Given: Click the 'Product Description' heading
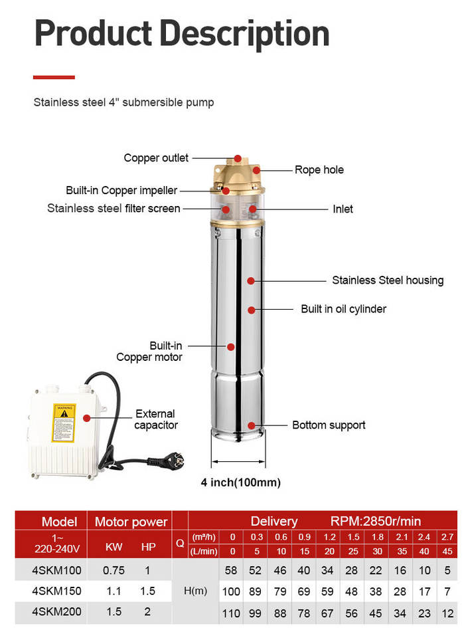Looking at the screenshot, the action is tap(182, 34).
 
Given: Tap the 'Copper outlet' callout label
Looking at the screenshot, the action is tap(156, 158).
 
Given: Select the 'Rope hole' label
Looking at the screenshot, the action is tap(319, 169).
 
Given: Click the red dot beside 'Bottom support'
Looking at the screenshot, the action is tap(251, 425).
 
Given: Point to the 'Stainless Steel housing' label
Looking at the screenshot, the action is tap(388, 280).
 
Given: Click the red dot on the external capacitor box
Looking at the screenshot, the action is tap(86, 418).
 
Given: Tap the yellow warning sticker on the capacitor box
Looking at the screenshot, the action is tap(64, 423).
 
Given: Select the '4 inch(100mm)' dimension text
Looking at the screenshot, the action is tap(240, 482).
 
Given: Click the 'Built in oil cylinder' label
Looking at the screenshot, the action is tap(343, 309).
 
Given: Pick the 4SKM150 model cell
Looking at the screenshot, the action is tap(56, 591).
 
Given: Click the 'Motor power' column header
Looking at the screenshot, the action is tap(131, 522).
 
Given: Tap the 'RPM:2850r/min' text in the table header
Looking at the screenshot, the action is tap(375, 521).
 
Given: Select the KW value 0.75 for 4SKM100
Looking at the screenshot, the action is tap(114, 570).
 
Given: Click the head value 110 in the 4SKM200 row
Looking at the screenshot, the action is tap(231, 613).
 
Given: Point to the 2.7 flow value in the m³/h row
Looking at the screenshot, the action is tap(447, 537).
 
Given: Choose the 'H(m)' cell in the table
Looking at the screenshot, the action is tap(195, 591).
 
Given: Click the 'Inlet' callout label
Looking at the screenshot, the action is tap(343, 209).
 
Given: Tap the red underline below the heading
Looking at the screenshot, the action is tap(54, 77).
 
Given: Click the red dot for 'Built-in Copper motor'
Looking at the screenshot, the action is tap(231, 347).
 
